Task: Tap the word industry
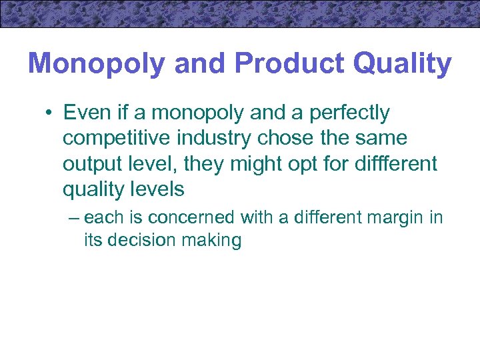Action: pyautogui.click(x=217, y=139)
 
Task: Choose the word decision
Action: pyautogui.click(x=143, y=240)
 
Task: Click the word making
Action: pyautogui.click(x=213, y=241)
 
